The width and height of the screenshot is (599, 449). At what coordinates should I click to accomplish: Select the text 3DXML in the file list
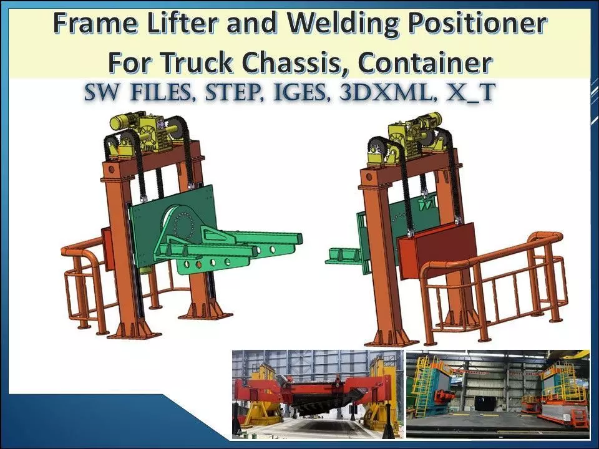379,92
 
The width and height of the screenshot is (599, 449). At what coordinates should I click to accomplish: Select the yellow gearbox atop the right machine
408,139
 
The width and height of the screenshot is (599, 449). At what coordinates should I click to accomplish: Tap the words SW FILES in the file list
137,92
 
